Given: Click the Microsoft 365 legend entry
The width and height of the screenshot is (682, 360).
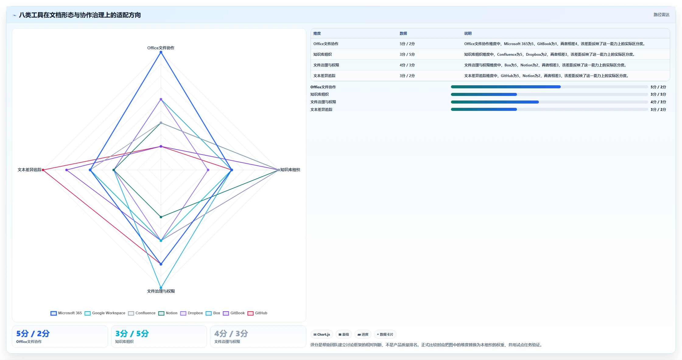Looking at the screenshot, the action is click(66, 313).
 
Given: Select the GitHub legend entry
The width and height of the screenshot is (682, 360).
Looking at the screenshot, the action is click(258, 313).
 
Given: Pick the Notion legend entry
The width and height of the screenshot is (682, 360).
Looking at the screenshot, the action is click(168, 313).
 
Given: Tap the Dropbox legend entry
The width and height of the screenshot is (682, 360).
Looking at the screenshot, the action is click(192, 313).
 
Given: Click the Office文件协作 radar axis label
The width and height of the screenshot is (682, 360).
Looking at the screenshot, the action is click(161, 48).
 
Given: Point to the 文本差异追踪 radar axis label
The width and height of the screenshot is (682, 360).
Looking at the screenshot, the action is click(30, 170).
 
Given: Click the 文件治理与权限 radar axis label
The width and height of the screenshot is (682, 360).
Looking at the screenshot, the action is click(161, 291).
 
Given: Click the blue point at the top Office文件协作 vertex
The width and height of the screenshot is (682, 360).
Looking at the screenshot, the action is click(161, 52).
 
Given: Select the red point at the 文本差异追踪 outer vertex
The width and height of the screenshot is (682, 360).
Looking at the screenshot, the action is click(43, 170).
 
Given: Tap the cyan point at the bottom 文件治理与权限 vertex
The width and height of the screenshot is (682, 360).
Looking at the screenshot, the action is click(161, 288).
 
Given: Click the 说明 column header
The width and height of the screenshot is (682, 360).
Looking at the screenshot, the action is click(468, 34).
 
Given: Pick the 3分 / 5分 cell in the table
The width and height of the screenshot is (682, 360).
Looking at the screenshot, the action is click(407, 55).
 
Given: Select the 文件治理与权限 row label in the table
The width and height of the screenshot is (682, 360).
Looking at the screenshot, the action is click(326, 65).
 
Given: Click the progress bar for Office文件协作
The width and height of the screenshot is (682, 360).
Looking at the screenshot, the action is click(549, 87).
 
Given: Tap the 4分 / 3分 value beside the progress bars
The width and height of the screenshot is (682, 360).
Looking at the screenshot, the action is click(658, 102).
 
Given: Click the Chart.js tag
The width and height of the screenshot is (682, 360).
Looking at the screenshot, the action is click(322, 334).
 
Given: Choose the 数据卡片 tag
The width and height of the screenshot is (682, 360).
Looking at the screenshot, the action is click(385, 334).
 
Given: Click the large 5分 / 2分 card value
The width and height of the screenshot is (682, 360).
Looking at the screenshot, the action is click(33, 334).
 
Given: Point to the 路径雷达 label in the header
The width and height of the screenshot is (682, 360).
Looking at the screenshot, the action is click(661, 15).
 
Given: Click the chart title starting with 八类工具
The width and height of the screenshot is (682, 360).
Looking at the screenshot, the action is click(80, 15).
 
